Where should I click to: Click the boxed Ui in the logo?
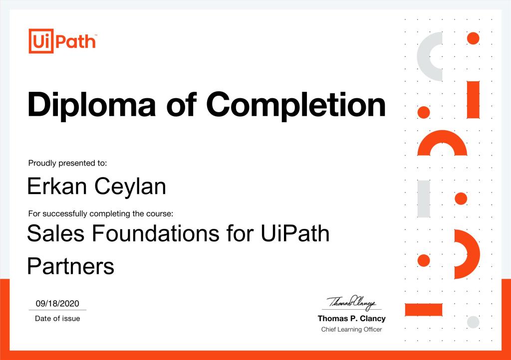click(x=41, y=41)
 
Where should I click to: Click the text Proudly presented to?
click(x=67, y=163)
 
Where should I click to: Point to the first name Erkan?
click(x=57, y=186)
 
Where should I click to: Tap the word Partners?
click(x=71, y=266)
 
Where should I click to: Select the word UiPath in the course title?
click(x=295, y=233)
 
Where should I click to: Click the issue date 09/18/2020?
click(x=57, y=303)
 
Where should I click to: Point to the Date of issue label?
click(x=57, y=318)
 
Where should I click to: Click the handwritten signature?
click(x=352, y=303)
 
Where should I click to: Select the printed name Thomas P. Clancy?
click(x=352, y=318)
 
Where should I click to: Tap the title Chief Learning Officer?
click(x=351, y=330)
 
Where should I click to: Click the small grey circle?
click(x=473, y=322)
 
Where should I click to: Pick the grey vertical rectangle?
click(x=424, y=199)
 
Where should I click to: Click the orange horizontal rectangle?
click(x=424, y=310)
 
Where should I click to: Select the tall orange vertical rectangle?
click(x=473, y=100)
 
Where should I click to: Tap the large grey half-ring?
click(x=423, y=57)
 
